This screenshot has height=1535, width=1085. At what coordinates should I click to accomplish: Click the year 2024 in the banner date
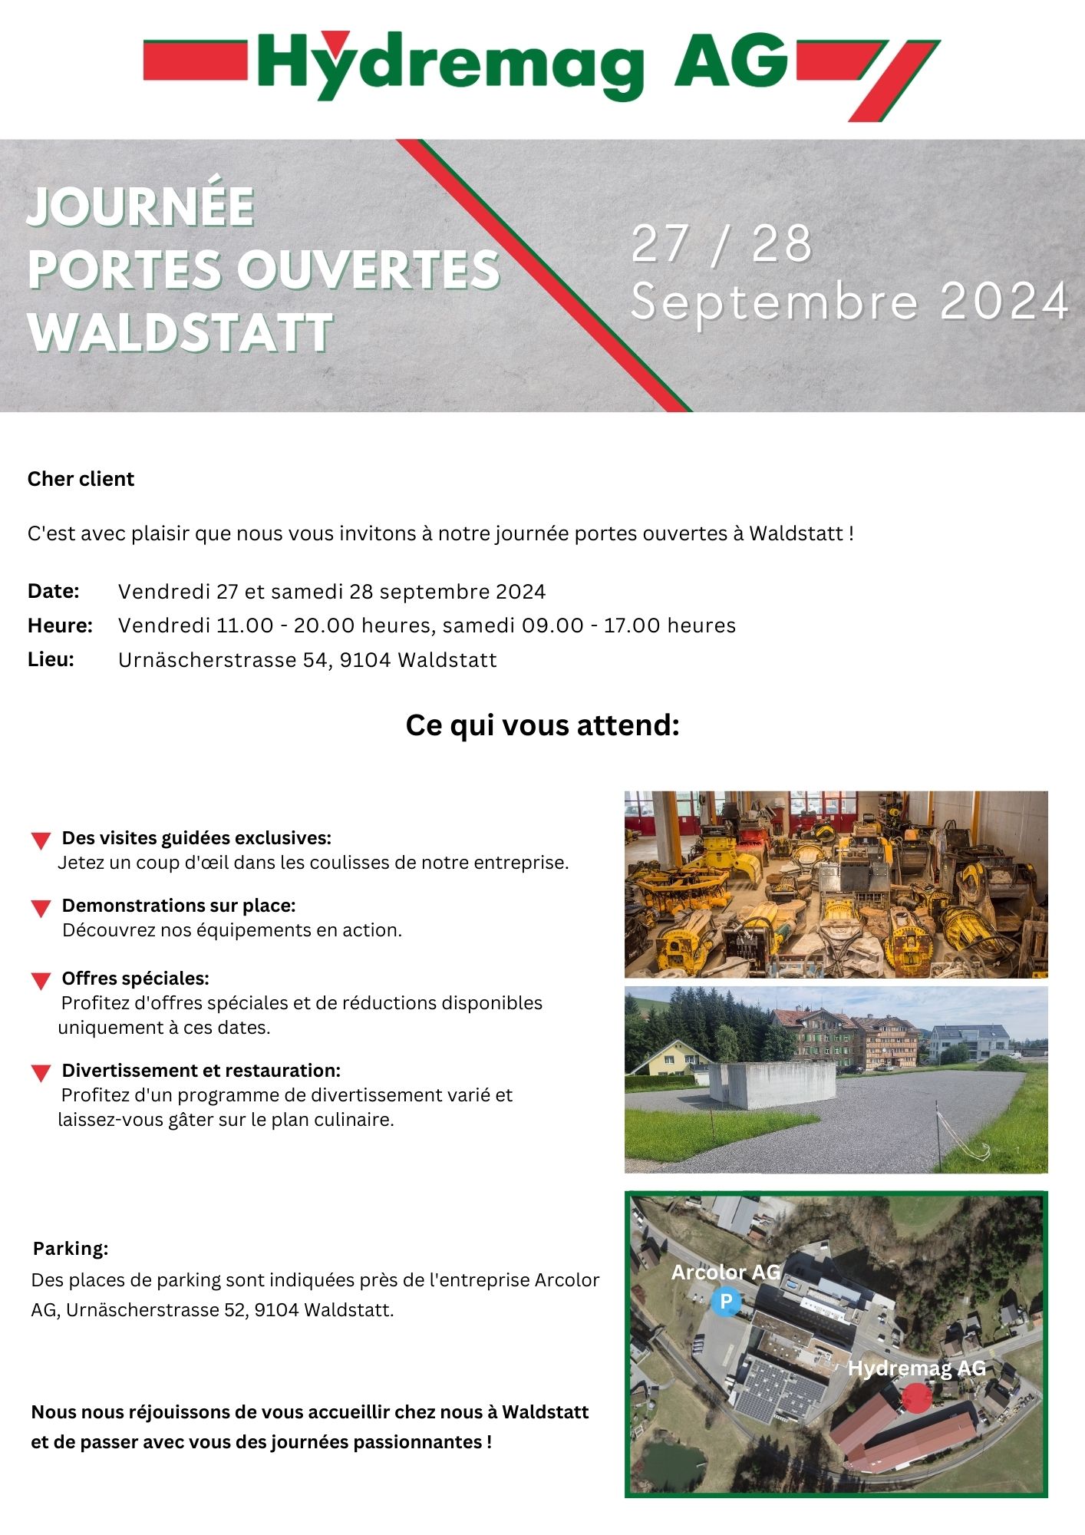[1004, 302]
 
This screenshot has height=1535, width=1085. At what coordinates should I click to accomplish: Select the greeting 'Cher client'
[81, 479]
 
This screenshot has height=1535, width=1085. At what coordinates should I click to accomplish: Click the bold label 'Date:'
[54, 591]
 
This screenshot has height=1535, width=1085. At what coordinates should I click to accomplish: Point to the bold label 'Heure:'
[60, 626]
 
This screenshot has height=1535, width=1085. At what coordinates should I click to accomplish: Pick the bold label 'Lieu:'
[51, 659]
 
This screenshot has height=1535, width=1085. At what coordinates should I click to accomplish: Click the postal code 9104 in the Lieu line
[365, 660]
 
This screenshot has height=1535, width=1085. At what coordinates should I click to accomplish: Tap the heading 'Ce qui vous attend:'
[542, 725]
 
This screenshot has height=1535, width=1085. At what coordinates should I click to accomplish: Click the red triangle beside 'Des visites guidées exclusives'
[41, 840]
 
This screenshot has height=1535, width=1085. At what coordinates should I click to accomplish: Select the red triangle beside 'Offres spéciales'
[41, 981]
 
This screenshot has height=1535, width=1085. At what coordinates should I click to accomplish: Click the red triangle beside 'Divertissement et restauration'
[41, 1073]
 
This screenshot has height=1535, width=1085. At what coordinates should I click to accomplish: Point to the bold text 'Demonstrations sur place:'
[179, 906]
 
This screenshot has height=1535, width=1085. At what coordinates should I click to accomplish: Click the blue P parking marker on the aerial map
[725, 1301]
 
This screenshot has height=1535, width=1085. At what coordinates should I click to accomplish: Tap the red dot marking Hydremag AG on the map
[916, 1398]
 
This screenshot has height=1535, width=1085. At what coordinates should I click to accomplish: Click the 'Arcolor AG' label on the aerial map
[725, 1272]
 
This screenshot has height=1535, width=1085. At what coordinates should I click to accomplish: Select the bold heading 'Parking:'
[71, 1249]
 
